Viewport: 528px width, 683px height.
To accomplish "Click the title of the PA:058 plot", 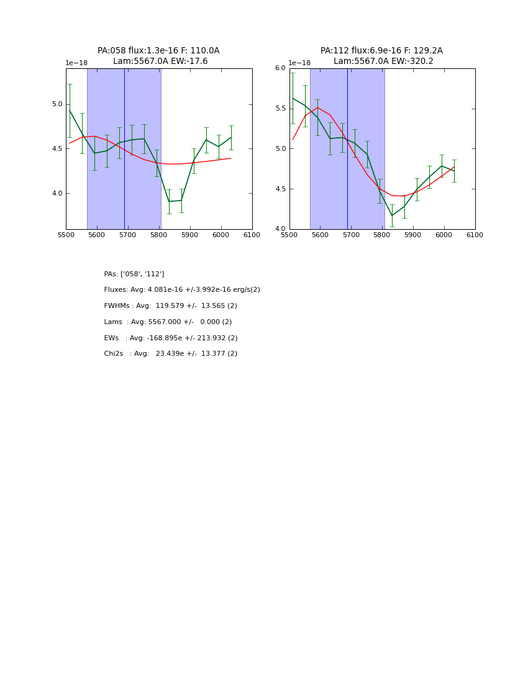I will click(x=158, y=56).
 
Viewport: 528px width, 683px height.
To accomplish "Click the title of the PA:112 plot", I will click(x=381, y=56).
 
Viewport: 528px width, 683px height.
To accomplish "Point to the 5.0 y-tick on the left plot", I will click(x=57, y=104).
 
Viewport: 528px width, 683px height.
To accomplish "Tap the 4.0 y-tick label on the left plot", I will click(x=57, y=194).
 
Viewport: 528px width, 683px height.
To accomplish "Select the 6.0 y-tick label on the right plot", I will click(x=280, y=68).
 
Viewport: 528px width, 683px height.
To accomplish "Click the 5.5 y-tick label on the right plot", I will click(x=280, y=109).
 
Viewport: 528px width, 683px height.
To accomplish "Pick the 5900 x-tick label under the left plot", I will click(x=190, y=235).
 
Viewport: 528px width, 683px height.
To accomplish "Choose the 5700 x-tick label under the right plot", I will click(x=351, y=235).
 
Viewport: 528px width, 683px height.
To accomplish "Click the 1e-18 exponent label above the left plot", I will click(x=76, y=63).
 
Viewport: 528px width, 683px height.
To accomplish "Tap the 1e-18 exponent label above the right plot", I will click(x=299, y=63).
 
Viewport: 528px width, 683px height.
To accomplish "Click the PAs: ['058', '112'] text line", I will click(x=134, y=274).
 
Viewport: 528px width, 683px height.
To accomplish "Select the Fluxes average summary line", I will click(x=182, y=290).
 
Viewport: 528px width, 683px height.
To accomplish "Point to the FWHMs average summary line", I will click(x=170, y=306).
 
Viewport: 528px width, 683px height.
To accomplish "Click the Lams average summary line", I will click(x=168, y=322).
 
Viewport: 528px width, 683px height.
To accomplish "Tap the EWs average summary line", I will click(x=171, y=338).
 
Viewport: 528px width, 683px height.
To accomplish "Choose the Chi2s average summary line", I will click(x=170, y=354).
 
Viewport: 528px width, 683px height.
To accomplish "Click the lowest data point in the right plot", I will click(x=392, y=215).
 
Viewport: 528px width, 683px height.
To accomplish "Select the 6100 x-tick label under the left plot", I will click(x=252, y=235).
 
